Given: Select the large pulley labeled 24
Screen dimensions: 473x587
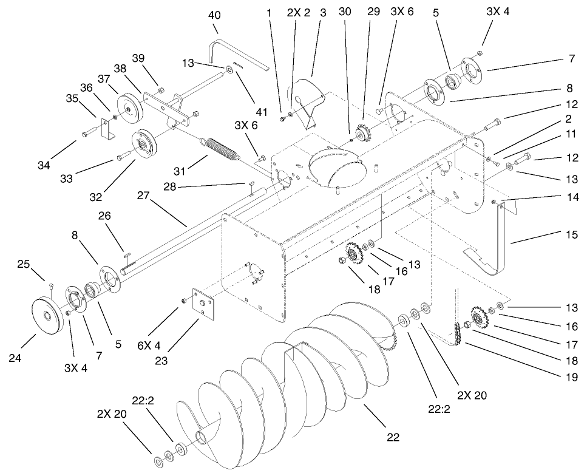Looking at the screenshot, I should click(x=47, y=316).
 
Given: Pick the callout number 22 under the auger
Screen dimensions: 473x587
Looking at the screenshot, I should click(x=394, y=437).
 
